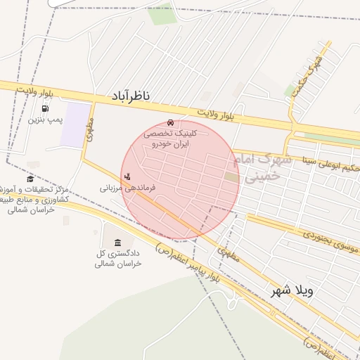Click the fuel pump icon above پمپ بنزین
[46, 108]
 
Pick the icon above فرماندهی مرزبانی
[127, 176]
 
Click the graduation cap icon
[30, 179]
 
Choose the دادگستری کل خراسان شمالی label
[118, 258]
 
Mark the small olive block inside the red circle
[231, 177]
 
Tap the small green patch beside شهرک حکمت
[290, 91]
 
